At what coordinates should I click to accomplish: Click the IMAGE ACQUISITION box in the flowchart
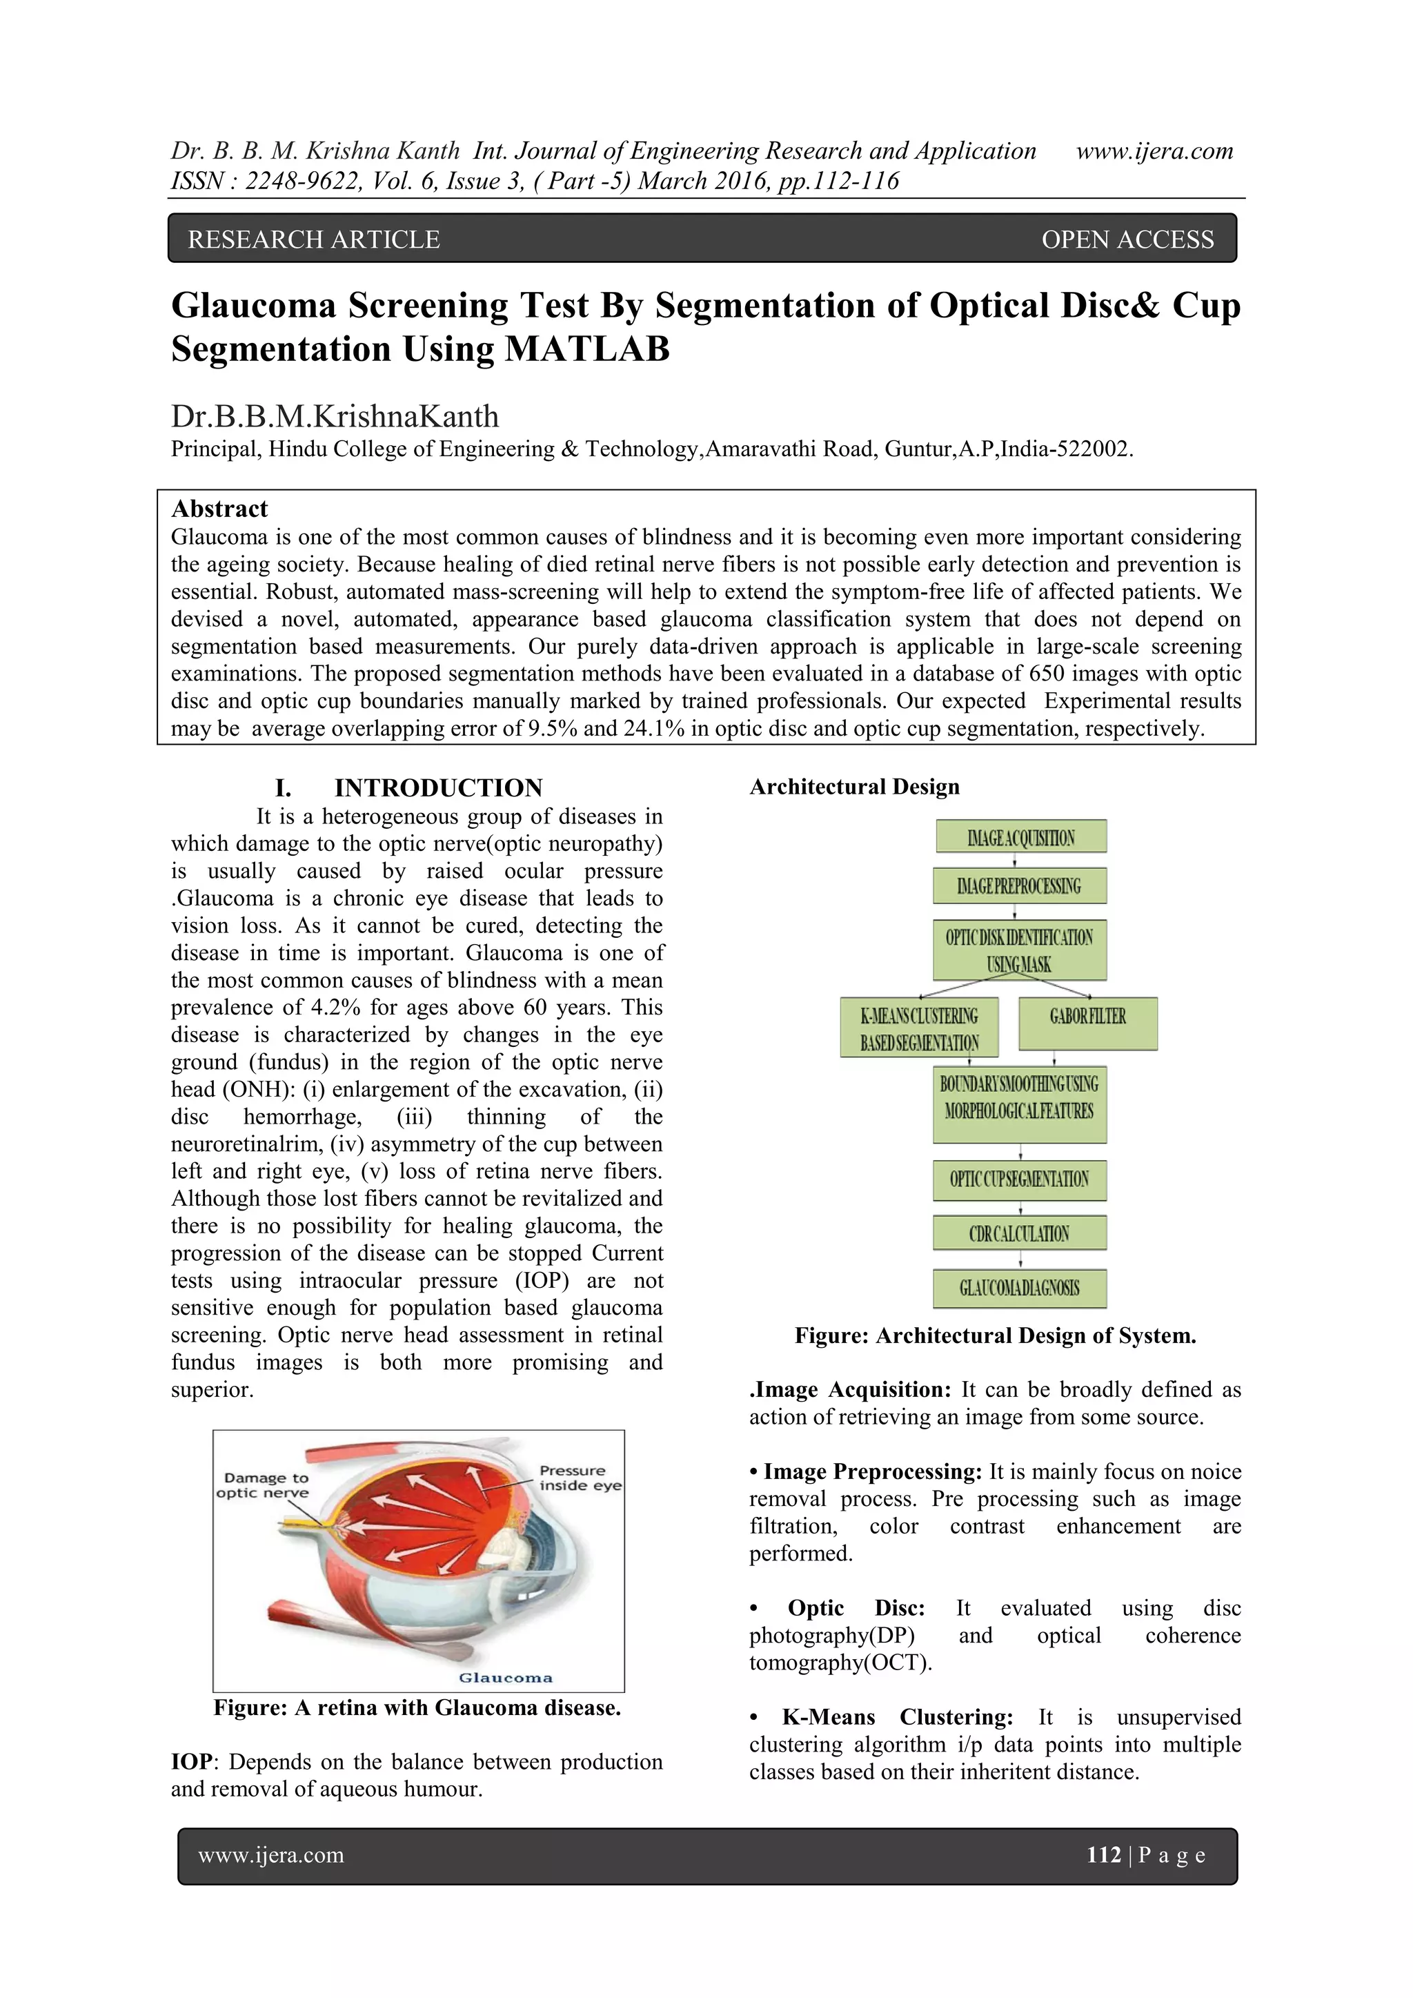(1020, 837)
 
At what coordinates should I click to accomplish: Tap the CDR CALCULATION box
(1020, 1233)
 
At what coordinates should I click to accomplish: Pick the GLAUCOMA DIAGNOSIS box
(1020, 1289)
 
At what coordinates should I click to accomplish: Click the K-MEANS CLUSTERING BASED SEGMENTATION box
(919, 1028)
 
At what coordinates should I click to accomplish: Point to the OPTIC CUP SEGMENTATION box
(1020, 1179)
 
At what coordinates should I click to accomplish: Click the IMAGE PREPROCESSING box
(1020, 886)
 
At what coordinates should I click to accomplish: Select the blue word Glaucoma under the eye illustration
(506, 1678)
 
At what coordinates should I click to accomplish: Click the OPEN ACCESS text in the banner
(1127, 240)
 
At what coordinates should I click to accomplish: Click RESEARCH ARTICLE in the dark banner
(314, 240)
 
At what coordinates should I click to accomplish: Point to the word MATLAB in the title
(587, 350)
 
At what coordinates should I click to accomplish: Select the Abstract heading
(219, 509)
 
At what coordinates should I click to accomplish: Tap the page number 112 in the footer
(1103, 1854)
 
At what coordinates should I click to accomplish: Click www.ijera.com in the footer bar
(271, 1854)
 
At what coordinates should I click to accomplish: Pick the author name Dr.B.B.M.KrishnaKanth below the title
(335, 417)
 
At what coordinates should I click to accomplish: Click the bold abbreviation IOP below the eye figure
(191, 1762)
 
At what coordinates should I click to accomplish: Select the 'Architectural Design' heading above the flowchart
(854, 787)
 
